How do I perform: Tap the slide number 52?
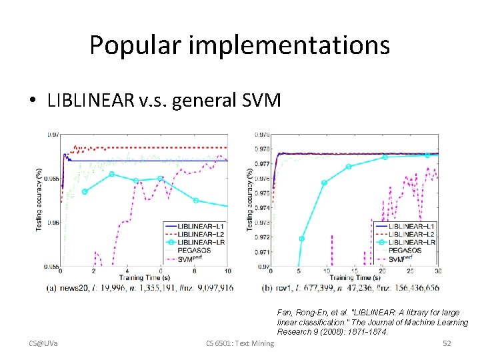(x=447, y=343)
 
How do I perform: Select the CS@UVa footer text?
(x=43, y=343)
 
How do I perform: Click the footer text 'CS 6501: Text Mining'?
(x=240, y=343)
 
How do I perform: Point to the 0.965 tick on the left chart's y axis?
(x=52, y=179)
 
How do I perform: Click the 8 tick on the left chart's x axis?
(x=194, y=271)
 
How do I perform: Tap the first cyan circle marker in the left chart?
(x=85, y=191)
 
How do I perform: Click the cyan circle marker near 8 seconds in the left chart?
(x=195, y=200)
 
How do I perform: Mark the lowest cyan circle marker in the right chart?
(x=302, y=238)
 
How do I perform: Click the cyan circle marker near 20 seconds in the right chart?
(x=385, y=157)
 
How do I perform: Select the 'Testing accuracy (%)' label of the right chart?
(x=249, y=199)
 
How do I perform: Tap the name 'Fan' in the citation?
(x=285, y=312)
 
